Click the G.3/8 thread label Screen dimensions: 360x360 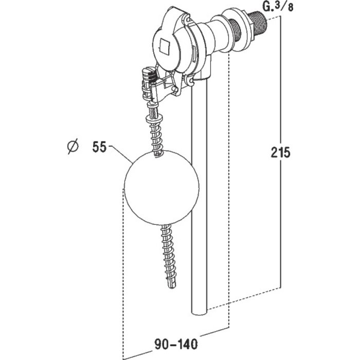pos(278,6)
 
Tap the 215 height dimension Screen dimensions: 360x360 pos(281,152)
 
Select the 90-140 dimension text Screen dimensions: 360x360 pos(176,344)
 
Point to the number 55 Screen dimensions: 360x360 pos(99,147)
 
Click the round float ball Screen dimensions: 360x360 pos(161,188)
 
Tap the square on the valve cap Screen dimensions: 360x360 pos(166,47)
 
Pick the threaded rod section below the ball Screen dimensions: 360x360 pos(168,256)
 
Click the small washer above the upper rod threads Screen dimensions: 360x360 pos(154,119)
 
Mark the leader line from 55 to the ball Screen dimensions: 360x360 pos(121,154)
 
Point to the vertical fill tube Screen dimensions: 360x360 pos(200,195)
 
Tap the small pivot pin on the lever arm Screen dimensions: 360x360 pos(175,89)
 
